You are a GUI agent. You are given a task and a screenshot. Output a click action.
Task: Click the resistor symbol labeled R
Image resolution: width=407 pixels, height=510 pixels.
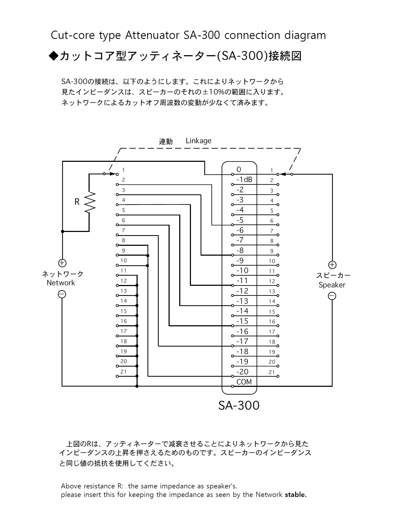(90, 203)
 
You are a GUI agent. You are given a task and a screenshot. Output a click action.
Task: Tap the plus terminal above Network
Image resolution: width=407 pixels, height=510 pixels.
(62, 263)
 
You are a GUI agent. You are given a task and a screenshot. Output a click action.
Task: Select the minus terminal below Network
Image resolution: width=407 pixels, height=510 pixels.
(62, 294)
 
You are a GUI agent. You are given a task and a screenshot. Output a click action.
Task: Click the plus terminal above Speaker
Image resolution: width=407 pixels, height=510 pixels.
(332, 265)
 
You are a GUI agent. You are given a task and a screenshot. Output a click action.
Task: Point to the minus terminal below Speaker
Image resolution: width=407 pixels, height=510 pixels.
(332, 296)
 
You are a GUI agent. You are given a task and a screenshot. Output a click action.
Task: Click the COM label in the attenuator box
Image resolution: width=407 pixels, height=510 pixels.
(244, 382)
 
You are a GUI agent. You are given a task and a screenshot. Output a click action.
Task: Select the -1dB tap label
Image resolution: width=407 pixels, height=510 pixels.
(244, 179)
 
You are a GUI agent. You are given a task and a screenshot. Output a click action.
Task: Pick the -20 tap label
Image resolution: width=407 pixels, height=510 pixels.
(242, 372)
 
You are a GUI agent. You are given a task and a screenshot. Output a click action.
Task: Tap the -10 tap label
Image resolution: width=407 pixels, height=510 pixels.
(242, 271)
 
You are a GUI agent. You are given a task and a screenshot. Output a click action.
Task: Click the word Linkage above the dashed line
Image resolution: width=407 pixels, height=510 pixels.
(198, 140)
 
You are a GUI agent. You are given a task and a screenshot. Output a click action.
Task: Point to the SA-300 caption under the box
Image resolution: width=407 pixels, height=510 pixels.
(239, 405)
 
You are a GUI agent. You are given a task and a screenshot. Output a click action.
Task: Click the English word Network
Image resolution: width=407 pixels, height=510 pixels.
(61, 283)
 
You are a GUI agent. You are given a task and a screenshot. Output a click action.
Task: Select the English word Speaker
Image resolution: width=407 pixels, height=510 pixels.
(332, 285)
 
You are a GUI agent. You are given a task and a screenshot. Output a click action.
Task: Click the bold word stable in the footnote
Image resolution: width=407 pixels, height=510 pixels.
(296, 495)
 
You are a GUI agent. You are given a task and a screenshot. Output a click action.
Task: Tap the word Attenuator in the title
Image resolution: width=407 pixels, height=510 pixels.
(152, 35)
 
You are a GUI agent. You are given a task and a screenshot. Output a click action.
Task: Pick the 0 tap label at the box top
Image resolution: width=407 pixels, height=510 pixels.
(239, 169)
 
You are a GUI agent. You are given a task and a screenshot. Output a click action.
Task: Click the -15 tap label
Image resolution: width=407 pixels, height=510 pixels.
(242, 321)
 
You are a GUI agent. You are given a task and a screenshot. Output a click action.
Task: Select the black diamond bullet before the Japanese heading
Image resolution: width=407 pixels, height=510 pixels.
(54, 56)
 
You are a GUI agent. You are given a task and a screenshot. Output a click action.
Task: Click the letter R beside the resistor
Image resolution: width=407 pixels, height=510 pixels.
(77, 202)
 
